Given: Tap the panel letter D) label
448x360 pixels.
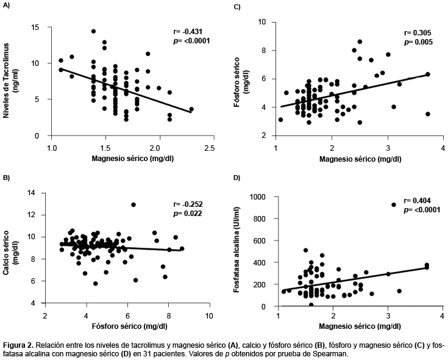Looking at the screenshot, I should point(237,178).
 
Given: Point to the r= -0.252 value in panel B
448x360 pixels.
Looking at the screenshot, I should point(188,204).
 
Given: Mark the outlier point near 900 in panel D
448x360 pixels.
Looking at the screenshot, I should point(394,205).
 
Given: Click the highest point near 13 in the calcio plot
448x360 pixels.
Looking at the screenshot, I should point(133,204).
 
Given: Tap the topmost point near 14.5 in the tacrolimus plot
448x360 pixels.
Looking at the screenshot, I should point(93,31).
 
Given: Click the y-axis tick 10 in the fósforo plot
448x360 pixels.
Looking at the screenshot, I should point(262,22).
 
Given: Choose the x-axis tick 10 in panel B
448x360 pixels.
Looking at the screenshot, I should point(208,315).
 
